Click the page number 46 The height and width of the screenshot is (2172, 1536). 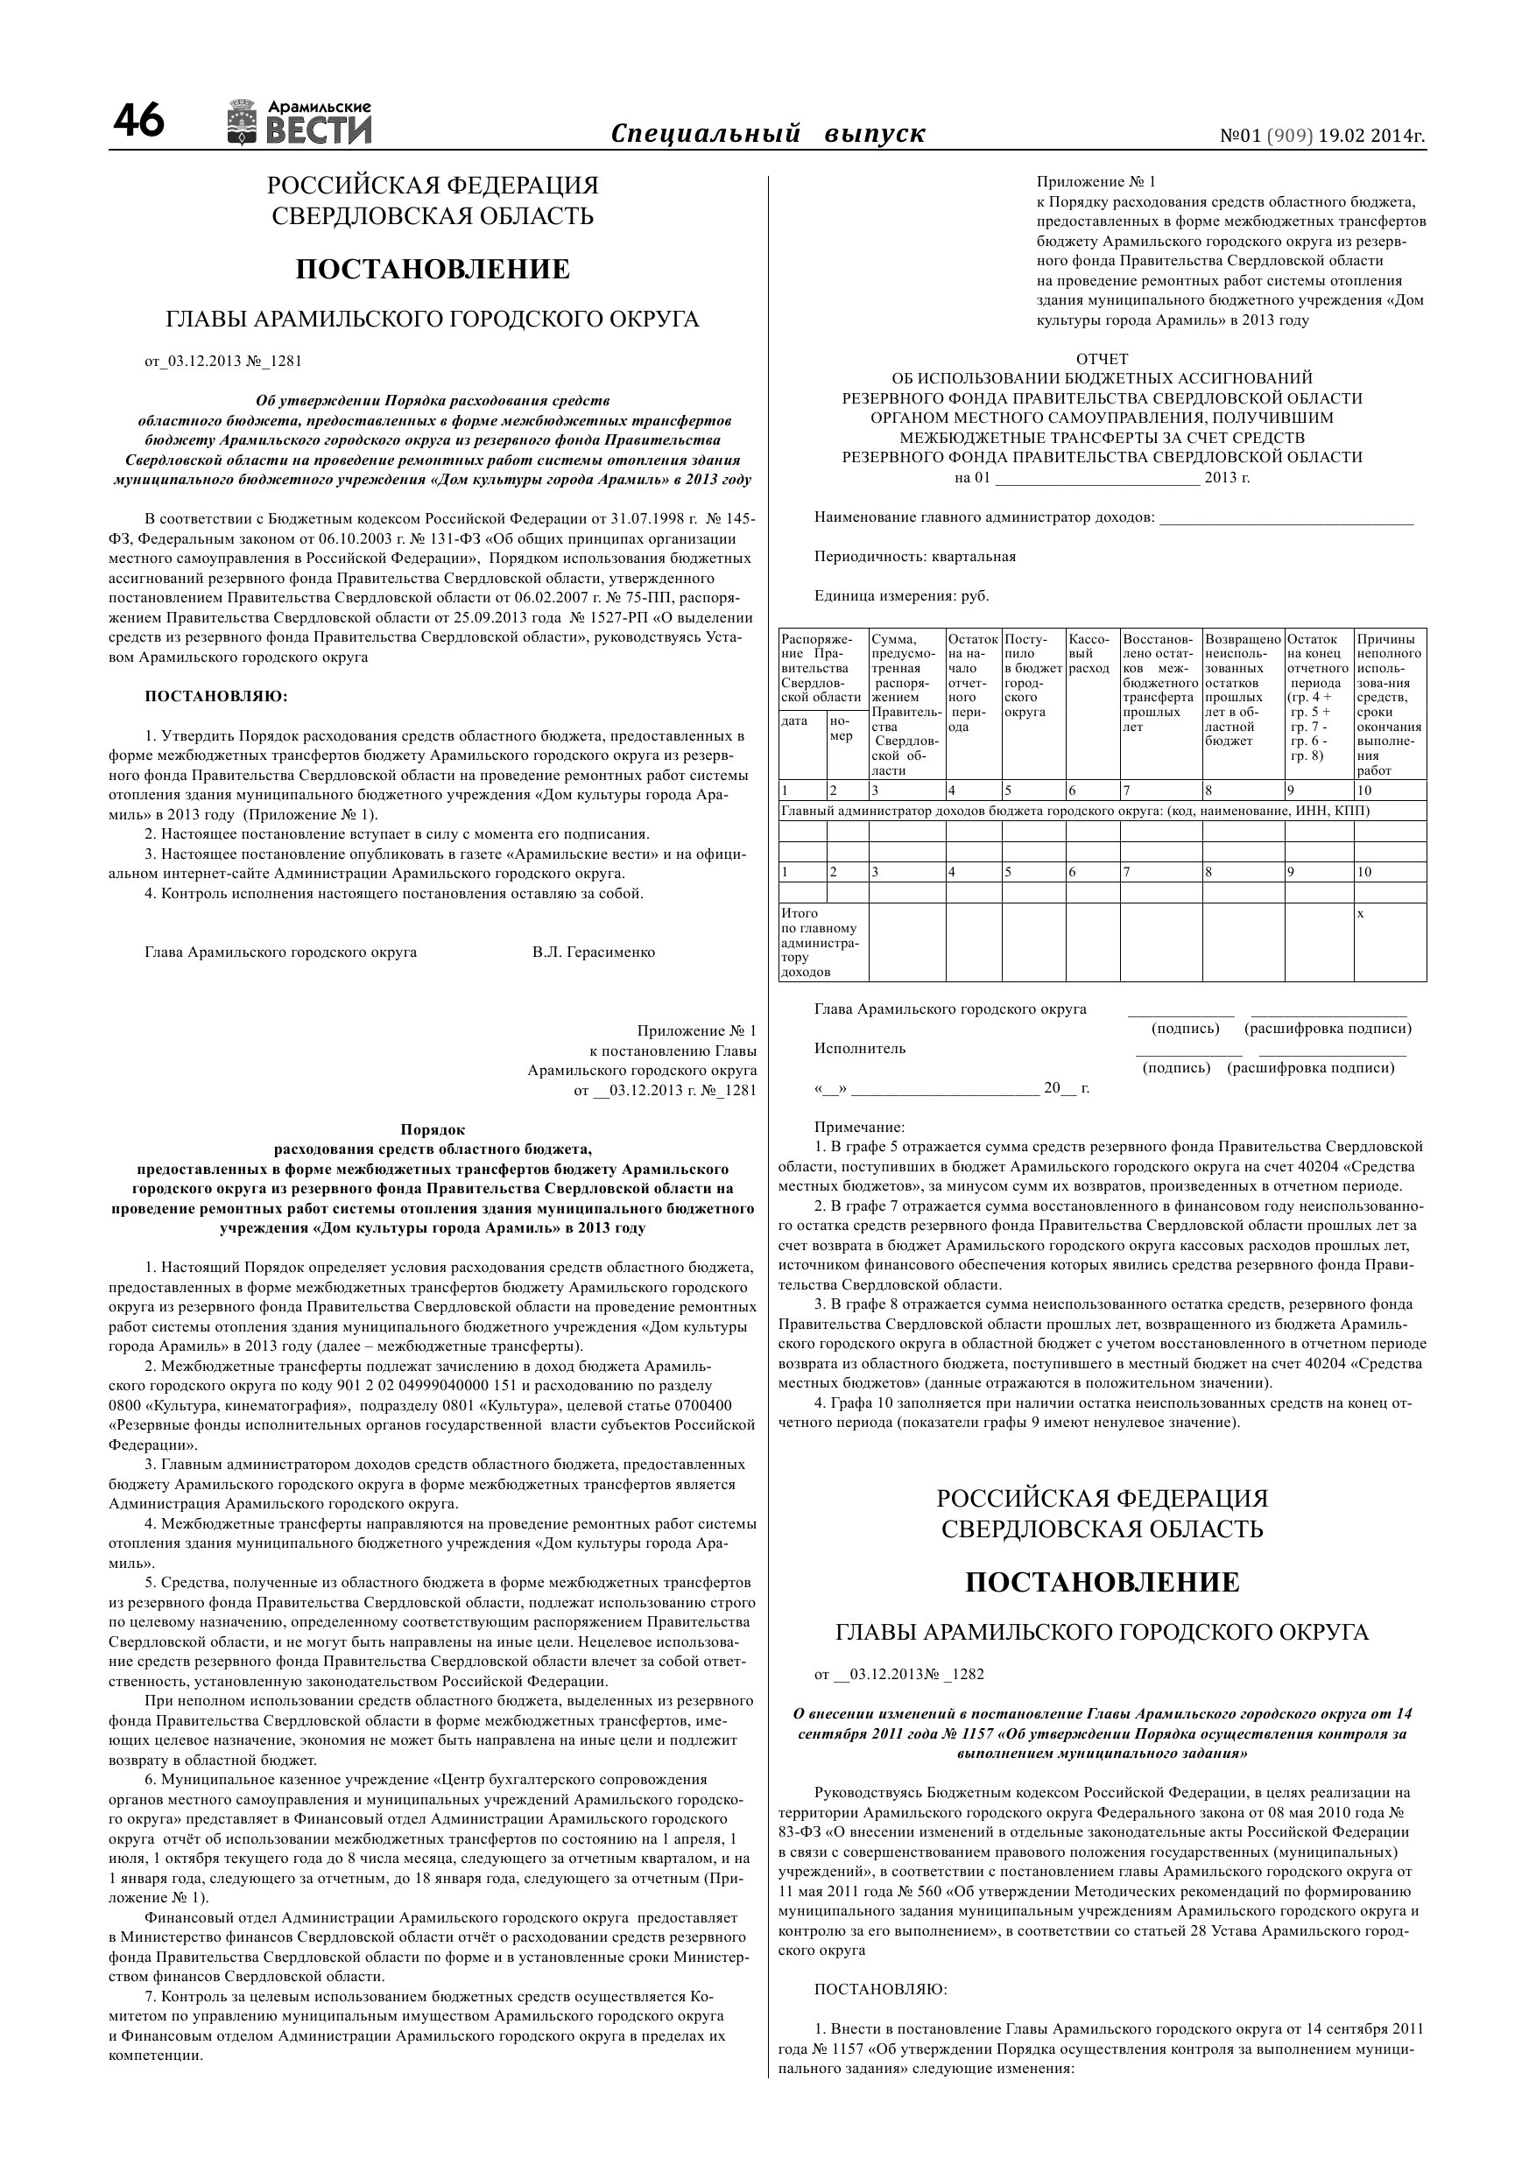click(x=138, y=122)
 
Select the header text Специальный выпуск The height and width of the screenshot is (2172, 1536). click(x=767, y=133)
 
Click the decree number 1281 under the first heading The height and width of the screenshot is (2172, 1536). click(x=285, y=361)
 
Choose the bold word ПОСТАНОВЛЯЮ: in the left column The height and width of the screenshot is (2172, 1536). click(x=215, y=696)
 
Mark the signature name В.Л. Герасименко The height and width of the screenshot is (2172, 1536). click(x=594, y=952)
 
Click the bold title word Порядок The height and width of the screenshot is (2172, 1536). click(x=433, y=1128)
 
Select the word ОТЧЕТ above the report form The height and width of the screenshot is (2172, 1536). click(x=1102, y=359)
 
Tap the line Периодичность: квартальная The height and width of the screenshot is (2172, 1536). click(x=914, y=556)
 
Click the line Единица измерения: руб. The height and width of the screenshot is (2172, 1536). click(x=901, y=596)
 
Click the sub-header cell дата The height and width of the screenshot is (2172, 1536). click(x=795, y=720)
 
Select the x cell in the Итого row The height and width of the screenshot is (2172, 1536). click(x=1361, y=914)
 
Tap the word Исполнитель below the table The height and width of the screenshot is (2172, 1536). click(x=859, y=1048)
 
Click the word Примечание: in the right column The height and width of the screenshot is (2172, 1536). click(x=859, y=1127)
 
